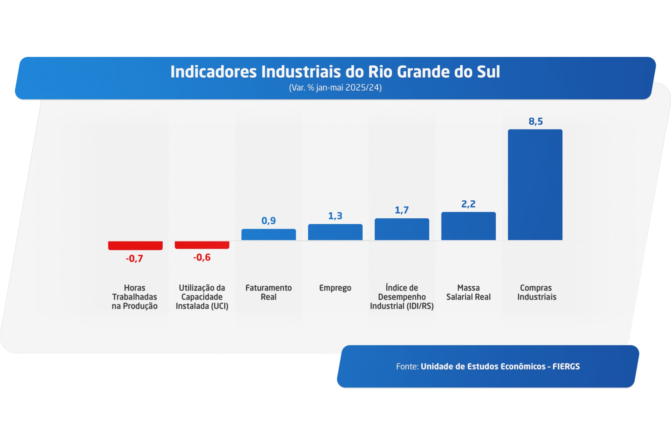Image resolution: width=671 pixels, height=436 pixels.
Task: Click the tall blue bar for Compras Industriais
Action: (x=535, y=184)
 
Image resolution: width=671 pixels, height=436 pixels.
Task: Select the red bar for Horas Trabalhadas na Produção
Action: (x=135, y=246)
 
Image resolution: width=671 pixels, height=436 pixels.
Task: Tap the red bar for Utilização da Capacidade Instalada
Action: (x=202, y=245)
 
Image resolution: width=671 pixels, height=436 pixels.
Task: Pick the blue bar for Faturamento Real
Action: (x=268, y=234)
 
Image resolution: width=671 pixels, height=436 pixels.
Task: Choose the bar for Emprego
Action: (x=335, y=232)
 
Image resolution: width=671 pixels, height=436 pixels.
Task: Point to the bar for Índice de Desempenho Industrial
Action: (x=402, y=229)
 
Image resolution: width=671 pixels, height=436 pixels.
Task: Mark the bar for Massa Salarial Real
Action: (x=468, y=226)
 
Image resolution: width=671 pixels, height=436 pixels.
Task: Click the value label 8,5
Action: (x=535, y=121)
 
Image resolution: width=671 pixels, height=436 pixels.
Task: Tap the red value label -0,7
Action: (x=135, y=259)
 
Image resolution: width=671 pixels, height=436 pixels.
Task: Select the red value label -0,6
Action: (x=202, y=258)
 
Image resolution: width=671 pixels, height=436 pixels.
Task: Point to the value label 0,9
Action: (x=268, y=221)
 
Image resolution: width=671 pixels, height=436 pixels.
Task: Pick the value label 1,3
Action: (x=335, y=216)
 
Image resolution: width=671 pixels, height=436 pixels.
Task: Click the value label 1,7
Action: (x=402, y=210)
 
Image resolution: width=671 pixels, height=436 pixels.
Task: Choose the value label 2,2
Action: (x=468, y=204)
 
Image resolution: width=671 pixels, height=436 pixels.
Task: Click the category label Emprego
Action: (x=335, y=288)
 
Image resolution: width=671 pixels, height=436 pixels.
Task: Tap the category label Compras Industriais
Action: (x=536, y=292)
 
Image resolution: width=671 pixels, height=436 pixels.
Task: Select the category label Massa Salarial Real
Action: (x=468, y=292)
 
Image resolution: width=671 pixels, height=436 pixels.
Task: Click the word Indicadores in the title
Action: (x=213, y=72)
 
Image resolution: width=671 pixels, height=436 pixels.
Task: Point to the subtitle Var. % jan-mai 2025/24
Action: (x=335, y=88)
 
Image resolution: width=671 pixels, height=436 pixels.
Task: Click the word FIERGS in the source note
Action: (x=566, y=367)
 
